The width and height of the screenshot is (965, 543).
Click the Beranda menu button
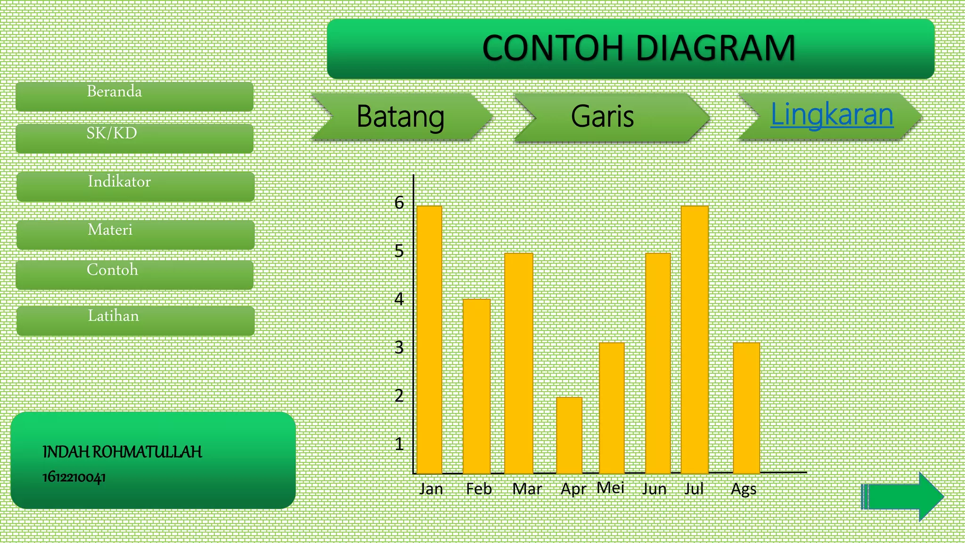pos(134,96)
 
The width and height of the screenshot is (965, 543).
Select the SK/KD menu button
pos(134,138)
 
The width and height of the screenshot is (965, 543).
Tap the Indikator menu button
pos(135,186)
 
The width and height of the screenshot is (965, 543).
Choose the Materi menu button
pos(135,234)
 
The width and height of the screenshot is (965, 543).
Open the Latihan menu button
pos(135,321)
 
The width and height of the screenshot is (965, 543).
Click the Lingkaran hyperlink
pos(832,115)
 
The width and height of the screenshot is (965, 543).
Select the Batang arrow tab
pos(401,117)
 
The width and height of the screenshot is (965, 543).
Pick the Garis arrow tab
pos(608,117)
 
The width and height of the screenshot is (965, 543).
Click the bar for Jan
pos(429,339)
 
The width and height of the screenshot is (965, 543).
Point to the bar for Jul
pos(695,339)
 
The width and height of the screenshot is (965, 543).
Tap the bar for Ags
pos(746,408)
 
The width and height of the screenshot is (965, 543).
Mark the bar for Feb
pos(476,386)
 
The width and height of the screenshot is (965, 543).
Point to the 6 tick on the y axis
pos(399,203)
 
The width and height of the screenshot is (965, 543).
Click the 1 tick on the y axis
pos(399,444)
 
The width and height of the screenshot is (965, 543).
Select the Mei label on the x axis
pos(610,488)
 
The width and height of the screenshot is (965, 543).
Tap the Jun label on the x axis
pos(654,489)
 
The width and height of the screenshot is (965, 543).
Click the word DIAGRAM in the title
pos(716,48)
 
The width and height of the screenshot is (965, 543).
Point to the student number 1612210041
pos(74,477)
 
